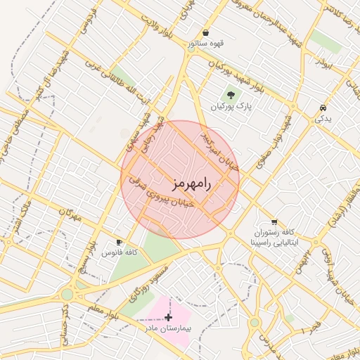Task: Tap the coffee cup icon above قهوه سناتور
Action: [205, 33]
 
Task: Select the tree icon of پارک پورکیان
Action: [230, 94]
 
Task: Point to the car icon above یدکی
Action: [322, 108]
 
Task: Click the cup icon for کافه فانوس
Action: [119, 241]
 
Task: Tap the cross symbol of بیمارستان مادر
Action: [168, 317]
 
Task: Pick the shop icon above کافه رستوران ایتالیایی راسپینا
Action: [273, 221]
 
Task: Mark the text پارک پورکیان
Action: [230, 106]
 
